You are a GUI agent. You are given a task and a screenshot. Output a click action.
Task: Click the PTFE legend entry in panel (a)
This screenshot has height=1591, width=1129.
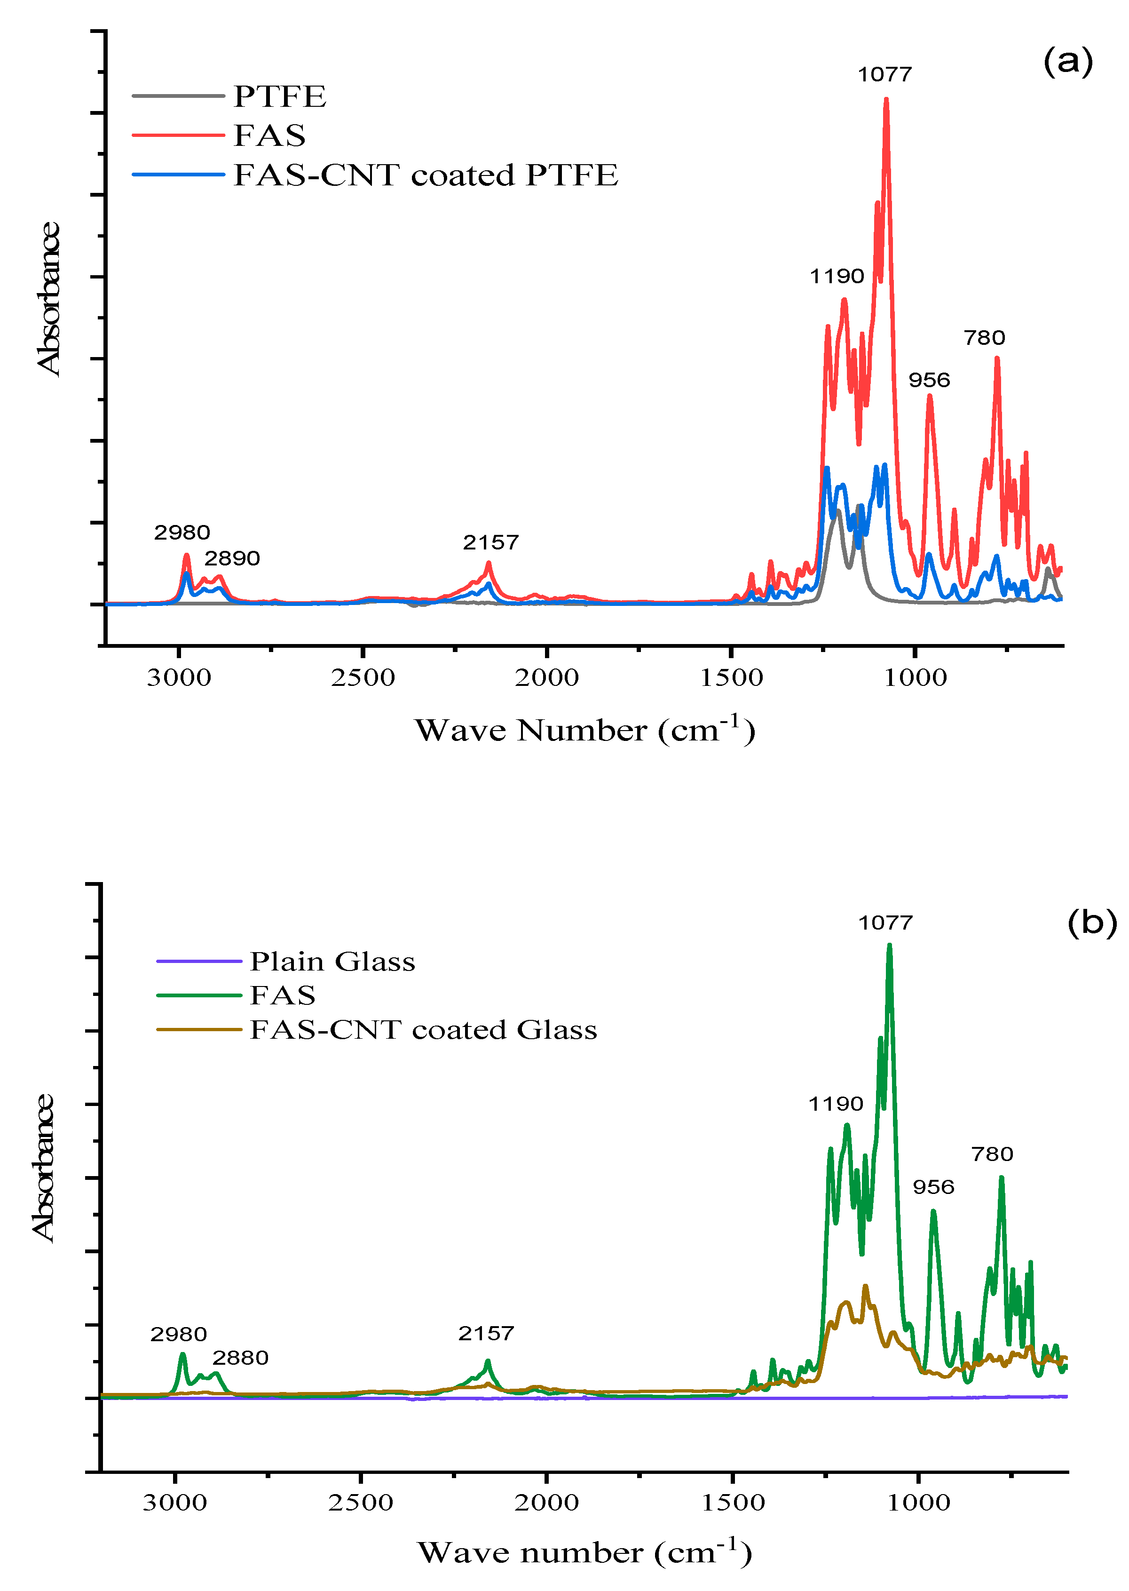pos(279,96)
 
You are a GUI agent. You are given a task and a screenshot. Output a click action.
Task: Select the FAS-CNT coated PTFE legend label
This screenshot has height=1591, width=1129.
pos(426,175)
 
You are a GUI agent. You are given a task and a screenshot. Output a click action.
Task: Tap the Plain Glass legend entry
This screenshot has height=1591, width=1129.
pos(332,962)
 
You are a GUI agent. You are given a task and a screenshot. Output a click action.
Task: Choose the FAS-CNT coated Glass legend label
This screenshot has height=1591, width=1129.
pos(423,1030)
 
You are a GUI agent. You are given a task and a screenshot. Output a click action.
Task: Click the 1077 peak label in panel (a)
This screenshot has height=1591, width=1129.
pos(884,74)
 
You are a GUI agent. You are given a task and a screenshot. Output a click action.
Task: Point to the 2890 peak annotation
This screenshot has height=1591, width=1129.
pos(232,558)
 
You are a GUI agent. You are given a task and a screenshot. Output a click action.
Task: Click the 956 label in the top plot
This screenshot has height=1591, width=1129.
pos(929,381)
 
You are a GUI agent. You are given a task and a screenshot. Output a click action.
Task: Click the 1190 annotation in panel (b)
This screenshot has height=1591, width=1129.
pos(836,1104)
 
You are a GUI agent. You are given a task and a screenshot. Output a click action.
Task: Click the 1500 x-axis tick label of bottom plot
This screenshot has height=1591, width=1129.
pos(733,1503)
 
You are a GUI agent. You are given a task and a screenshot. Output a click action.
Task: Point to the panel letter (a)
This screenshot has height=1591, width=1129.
pos(1068,62)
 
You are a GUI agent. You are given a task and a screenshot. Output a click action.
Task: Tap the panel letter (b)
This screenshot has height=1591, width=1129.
pos(1091,923)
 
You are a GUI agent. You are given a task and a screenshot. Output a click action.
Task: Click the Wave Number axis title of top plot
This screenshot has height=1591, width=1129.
pos(584,730)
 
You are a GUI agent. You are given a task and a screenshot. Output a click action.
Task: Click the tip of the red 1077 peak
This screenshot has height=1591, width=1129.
pos(886,99)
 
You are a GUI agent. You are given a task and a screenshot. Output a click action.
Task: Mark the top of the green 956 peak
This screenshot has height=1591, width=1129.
pos(933,1211)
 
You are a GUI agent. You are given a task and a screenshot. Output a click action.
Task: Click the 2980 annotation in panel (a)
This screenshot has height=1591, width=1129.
pos(182,533)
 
